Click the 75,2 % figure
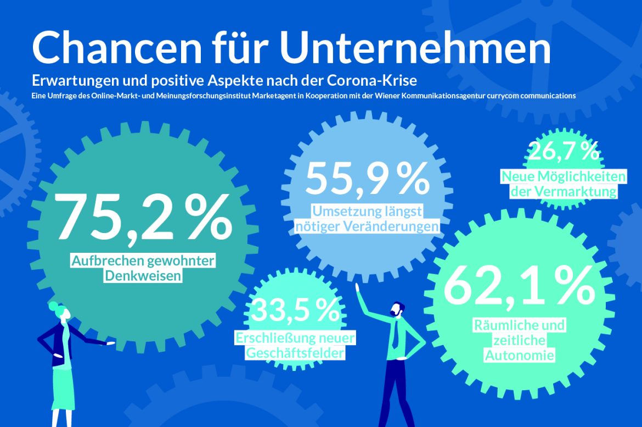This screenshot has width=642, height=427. [144, 219]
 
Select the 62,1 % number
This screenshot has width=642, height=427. [519, 286]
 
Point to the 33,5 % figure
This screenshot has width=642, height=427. [295, 310]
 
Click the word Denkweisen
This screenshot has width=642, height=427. [143, 275]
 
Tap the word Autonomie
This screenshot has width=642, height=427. [519, 355]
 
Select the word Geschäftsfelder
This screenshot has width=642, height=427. [295, 352]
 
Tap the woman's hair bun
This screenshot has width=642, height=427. [53, 306]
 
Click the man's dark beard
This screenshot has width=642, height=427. [395, 313]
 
